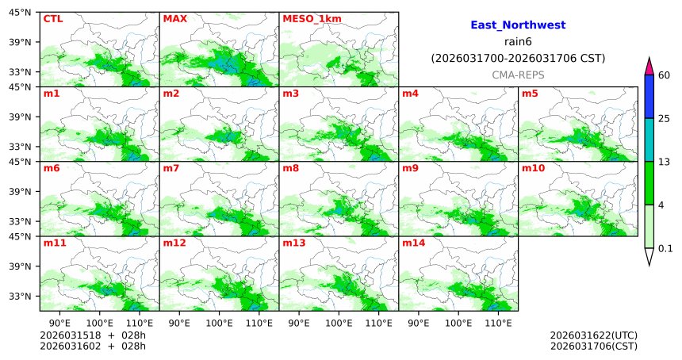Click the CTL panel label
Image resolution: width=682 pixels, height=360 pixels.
[x=52, y=18]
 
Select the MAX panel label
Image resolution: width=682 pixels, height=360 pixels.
[x=174, y=18]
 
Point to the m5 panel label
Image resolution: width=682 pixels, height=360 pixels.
[x=529, y=94]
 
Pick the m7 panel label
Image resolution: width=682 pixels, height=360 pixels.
[x=171, y=168]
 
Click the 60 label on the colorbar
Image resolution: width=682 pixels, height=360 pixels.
[x=665, y=75]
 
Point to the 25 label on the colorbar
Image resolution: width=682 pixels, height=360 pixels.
[x=665, y=119]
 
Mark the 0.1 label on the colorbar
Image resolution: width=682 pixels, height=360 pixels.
[x=665, y=248]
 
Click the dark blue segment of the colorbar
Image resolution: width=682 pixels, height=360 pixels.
[x=649, y=97]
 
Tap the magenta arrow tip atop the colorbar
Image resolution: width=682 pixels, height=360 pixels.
[x=649, y=67]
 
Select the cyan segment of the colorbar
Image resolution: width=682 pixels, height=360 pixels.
[x=649, y=140]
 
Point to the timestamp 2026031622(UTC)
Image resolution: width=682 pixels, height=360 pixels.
[x=593, y=335]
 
